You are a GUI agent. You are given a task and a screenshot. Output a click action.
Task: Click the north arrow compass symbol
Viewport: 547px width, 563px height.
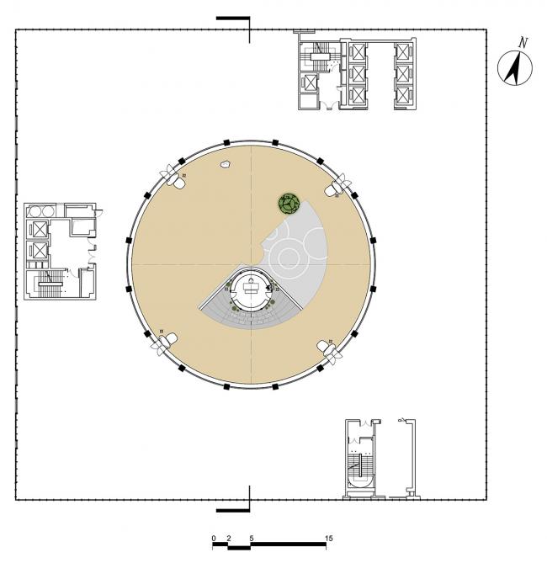[512, 68]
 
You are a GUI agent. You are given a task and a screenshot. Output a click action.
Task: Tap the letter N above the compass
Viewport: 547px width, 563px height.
[523, 42]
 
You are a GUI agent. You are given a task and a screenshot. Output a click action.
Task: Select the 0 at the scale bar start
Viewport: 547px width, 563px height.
[214, 537]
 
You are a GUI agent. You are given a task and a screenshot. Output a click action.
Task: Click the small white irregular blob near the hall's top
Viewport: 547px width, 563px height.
[226, 166]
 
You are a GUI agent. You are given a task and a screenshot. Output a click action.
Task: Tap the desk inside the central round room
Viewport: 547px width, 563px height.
[251, 286]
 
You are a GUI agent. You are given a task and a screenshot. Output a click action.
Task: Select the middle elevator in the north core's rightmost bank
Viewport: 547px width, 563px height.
[404, 73]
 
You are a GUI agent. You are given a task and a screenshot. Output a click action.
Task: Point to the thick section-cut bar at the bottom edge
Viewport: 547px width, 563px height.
[233, 510]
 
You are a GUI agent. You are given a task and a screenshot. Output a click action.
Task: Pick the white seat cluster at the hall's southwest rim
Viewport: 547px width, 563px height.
[165, 341]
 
